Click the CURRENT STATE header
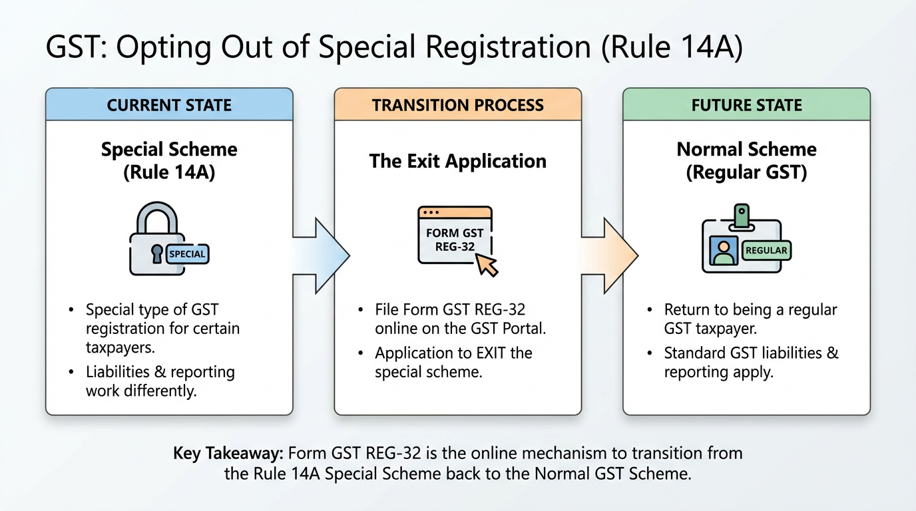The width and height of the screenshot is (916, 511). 169,105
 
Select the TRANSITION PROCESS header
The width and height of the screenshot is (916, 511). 458,105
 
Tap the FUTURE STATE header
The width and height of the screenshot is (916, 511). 746,105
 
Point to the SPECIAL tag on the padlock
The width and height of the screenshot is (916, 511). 187,254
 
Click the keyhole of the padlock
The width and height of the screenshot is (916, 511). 156,254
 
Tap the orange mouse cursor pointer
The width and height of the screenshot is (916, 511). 487,265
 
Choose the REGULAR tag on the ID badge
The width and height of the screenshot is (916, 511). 766,251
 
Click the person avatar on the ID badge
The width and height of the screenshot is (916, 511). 724,252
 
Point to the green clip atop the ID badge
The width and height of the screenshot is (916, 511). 741,214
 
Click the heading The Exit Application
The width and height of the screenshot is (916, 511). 458,161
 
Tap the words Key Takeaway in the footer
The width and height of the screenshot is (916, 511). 228,454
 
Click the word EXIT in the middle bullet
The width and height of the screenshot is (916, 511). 474,353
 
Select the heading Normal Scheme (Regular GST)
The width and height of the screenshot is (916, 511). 746,160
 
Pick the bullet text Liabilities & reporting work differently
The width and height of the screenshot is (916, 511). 160,381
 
